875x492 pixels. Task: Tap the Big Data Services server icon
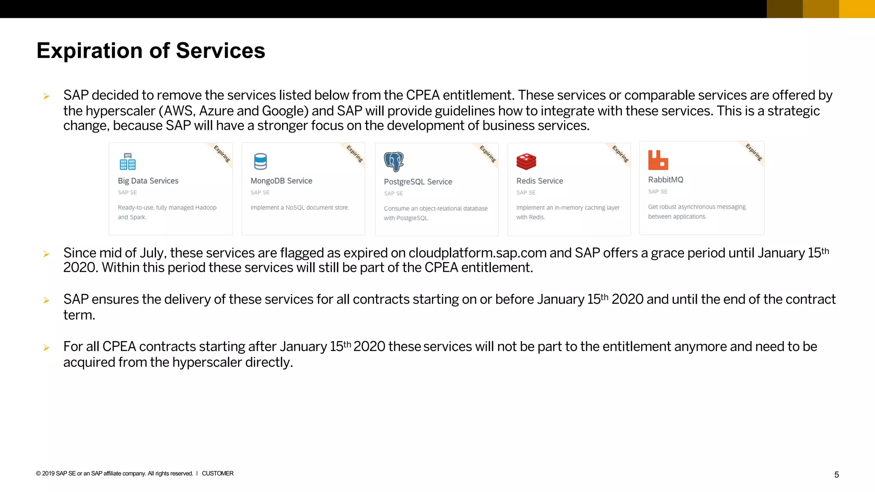(x=127, y=161)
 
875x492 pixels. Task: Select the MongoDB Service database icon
(x=260, y=161)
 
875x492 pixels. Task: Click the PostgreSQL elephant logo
(x=393, y=161)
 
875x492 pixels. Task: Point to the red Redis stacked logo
(x=526, y=161)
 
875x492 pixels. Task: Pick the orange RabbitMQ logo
(x=658, y=160)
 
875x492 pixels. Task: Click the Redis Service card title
(x=540, y=181)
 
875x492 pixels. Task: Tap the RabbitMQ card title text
(x=666, y=180)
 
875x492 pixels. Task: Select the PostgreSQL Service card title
(x=418, y=182)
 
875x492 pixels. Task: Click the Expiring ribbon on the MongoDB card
(x=355, y=154)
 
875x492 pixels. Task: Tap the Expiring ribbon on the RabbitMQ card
(x=754, y=152)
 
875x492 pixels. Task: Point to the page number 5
(x=837, y=475)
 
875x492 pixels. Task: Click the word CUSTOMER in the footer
(x=217, y=474)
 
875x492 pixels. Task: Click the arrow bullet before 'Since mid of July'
(x=47, y=254)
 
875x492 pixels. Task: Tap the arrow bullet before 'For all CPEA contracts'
(x=47, y=348)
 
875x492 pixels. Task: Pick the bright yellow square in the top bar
(x=857, y=9)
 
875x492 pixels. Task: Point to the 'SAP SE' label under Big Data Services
(x=127, y=193)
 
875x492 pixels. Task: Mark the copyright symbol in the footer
(x=38, y=474)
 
